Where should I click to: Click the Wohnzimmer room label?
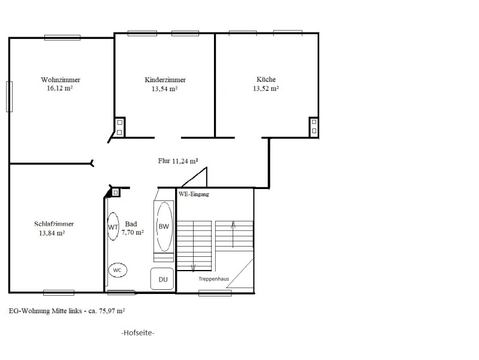[x=61, y=80]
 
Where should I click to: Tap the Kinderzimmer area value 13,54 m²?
[x=165, y=89]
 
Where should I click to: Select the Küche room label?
[x=266, y=79]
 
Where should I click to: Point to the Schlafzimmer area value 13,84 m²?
[x=52, y=233]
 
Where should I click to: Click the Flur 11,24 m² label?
[x=178, y=161]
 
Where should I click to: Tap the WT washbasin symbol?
[x=113, y=227]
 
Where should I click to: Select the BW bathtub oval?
[x=164, y=227]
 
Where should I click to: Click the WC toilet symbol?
[x=118, y=270]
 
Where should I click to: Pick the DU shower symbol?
[x=162, y=278]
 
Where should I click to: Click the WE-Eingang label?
[x=194, y=194]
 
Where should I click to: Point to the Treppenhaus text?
[x=213, y=278]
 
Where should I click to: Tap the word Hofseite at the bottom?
[x=138, y=333]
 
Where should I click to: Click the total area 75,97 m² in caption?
[x=112, y=311]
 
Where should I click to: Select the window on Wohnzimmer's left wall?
[x=10, y=97]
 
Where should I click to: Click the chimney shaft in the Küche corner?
[x=314, y=127]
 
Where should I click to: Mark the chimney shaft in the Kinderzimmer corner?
[x=119, y=127]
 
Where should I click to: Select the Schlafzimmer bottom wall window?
[x=59, y=293]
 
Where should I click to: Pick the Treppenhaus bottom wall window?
[x=215, y=293]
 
